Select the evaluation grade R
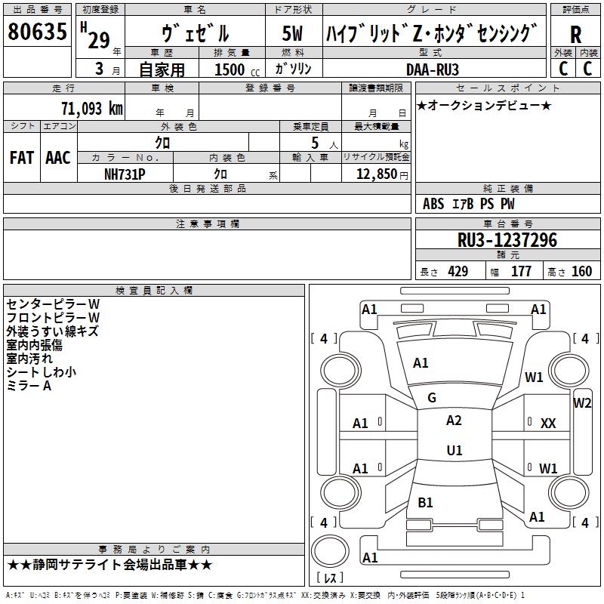pos(576,33)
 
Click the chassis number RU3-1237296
pos(507,240)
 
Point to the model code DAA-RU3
pos(432,69)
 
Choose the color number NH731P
pos(125,173)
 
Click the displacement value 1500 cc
pos(234,69)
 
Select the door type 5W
pos(292,33)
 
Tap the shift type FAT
pos(21,157)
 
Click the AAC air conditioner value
pos(57,157)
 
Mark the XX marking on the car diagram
pos(548,424)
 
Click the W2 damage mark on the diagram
pos(582,402)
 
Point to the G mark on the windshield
pos(432,398)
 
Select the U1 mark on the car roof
pos(454,450)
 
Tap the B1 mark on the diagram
pos(425,502)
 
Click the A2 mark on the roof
pos(454,421)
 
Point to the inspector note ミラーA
pos(29,386)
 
